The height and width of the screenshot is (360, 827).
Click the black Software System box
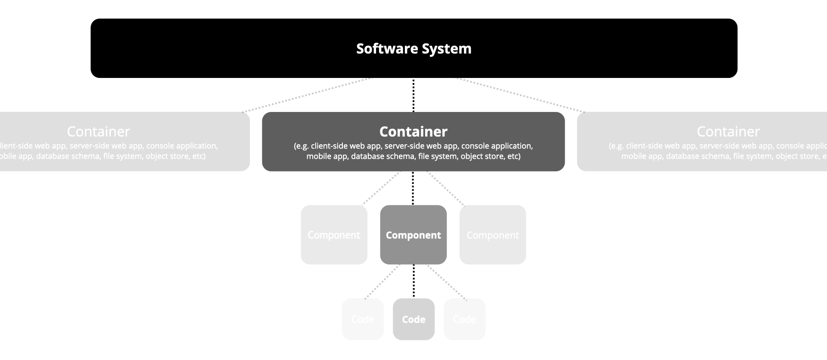coord(215,48)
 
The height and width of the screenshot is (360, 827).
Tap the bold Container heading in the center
coord(413,131)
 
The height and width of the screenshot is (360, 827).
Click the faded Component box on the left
coord(334,235)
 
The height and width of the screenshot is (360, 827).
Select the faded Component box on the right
coord(493,235)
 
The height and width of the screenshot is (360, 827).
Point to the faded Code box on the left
coord(363,319)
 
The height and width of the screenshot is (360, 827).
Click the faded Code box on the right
coord(464,319)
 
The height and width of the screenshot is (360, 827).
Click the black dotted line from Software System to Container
coord(413,95)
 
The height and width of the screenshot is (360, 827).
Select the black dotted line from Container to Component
coord(413,188)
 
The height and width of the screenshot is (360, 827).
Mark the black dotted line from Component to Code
coord(413,281)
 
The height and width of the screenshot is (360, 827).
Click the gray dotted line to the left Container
coord(306,95)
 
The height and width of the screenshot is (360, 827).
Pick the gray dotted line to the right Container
coord(520,95)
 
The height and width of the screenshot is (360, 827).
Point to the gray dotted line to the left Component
coord(381,188)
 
